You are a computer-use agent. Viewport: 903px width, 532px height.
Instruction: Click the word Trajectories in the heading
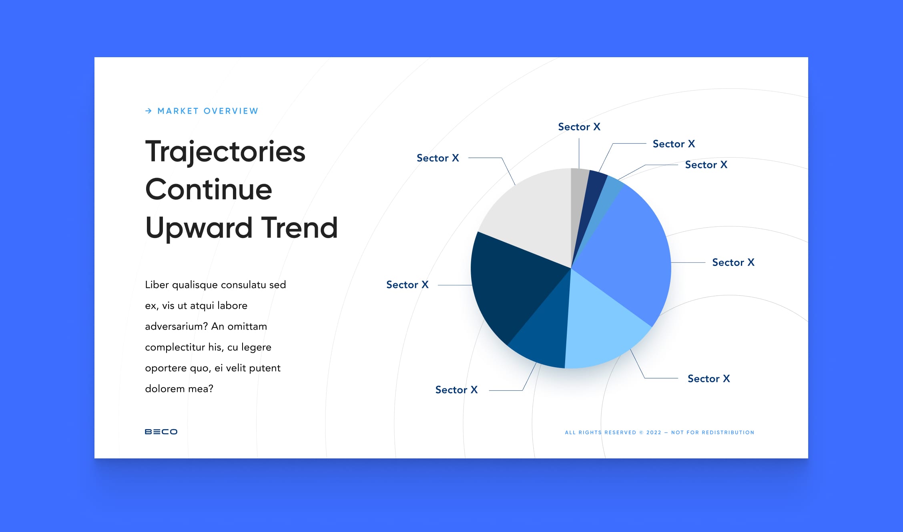coord(225,152)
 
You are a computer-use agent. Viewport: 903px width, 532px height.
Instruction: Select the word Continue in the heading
coord(209,190)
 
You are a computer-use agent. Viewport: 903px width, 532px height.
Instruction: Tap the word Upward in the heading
coord(199,228)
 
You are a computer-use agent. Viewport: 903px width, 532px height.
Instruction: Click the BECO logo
coord(161,432)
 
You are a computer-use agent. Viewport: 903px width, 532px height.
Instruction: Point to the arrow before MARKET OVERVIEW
coord(148,111)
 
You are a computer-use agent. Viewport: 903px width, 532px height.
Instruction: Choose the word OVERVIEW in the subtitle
coord(231,111)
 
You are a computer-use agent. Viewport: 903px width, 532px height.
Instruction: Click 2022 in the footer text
coord(654,432)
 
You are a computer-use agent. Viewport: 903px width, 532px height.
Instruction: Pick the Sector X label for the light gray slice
coord(437,158)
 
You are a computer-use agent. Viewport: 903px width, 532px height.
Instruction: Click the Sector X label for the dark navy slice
coord(407,285)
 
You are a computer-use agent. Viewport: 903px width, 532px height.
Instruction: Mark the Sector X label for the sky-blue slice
coord(708,378)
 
